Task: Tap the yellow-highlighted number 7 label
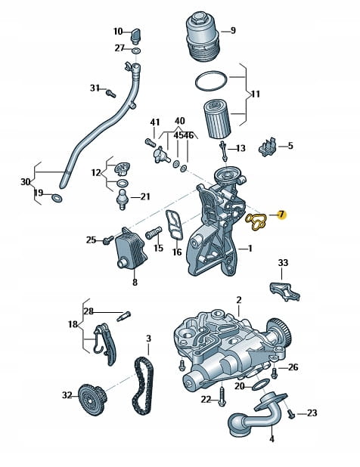281,215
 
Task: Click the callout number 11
256,94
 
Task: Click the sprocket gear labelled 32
92,398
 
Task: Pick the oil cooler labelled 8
130,248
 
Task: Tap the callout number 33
283,263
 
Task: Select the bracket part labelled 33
284,291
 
